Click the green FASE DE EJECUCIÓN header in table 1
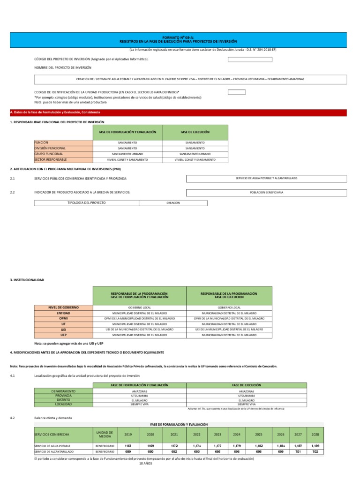(195, 132)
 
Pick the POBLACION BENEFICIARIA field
(266, 192)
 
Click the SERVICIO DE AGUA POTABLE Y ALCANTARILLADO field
(266, 178)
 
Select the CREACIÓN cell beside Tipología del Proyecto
(173, 202)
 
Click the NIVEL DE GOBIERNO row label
(63, 307)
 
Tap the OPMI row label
(63, 319)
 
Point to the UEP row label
(63, 336)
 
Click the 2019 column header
(127, 434)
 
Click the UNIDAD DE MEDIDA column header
(104, 434)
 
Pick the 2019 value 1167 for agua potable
(127, 446)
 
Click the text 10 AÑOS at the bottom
(146, 463)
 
